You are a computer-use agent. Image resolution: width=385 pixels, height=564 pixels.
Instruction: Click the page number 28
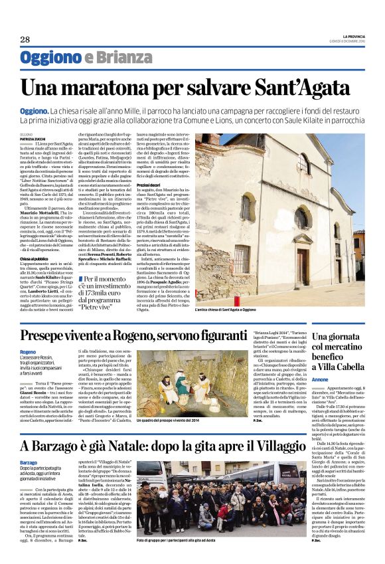click(25, 39)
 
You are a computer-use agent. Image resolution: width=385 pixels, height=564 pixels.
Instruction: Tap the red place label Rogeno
click(29, 351)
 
